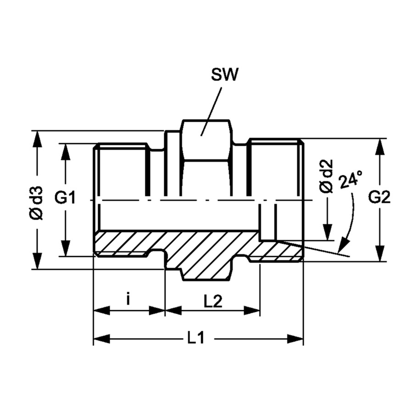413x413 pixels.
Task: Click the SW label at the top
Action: click(224, 75)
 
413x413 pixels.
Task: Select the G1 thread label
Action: click(65, 198)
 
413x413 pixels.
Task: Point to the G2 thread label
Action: click(379, 198)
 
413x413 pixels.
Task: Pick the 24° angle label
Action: click(351, 179)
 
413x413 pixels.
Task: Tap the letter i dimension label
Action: click(128, 300)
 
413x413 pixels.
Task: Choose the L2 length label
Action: click(213, 301)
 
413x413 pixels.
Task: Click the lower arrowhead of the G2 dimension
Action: click(380, 253)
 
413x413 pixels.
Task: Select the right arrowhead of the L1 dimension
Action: click(295, 339)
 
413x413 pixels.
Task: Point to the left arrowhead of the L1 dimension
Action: click(102, 339)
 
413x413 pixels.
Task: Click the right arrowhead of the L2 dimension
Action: click(252, 311)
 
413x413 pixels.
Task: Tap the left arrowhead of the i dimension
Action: click(102, 311)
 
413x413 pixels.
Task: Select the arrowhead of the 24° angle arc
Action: click(343, 246)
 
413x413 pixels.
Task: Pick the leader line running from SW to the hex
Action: click(211, 112)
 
